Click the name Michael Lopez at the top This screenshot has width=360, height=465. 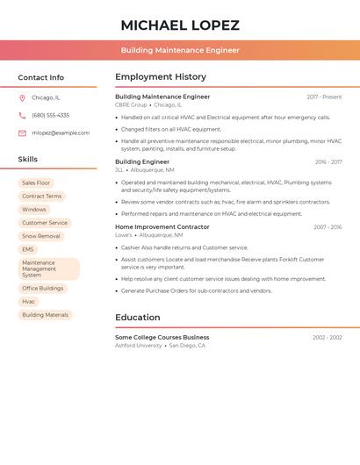[x=179, y=25]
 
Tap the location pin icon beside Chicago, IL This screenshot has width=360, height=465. [x=22, y=97]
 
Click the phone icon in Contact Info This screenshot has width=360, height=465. [x=22, y=115]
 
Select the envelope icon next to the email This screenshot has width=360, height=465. [x=22, y=133]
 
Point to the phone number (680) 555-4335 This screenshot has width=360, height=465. [x=50, y=115]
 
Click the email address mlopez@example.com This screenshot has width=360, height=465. [x=61, y=133]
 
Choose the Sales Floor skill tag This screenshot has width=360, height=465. [x=36, y=182]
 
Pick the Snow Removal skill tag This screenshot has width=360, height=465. [x=41, y=236]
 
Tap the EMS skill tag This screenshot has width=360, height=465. [x=28, y=249]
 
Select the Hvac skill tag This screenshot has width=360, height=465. [x=29, y=301]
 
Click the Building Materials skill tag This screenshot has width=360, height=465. [x=45, y=315]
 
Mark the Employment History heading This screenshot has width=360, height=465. [x=161, y=77]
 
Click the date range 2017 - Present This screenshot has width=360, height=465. [x=324, y=97]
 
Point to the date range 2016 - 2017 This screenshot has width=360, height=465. [x=328, y=162]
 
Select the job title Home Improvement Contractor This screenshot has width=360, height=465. [x=162, y=227]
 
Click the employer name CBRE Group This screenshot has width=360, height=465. [x=131, y=104]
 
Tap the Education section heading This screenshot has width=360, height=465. [x=138, y=318]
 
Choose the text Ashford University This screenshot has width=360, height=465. [x=139, y=346]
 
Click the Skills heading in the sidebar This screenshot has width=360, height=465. [x=28, y=160]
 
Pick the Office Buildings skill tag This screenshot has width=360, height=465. [x=42, y=288]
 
